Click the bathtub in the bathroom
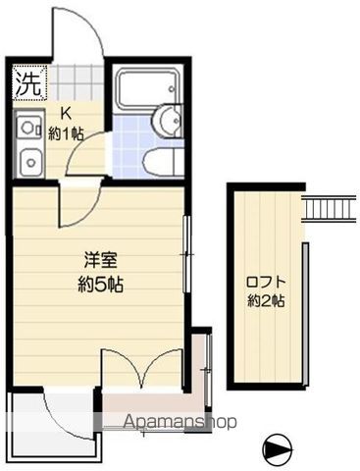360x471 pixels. (148, 89)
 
